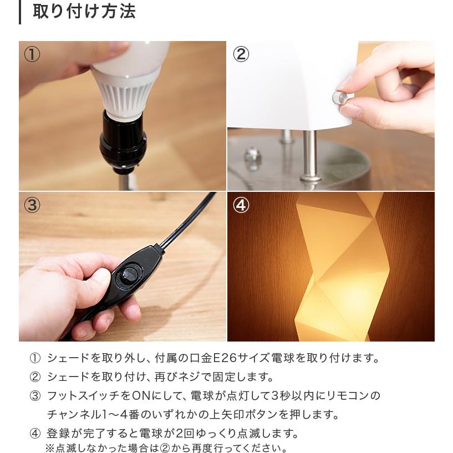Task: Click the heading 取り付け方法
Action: (84, 11)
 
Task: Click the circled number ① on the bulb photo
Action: (32, 54)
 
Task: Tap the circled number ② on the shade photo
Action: (241, 54)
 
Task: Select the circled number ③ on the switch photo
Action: (32, 205)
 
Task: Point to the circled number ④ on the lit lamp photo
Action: (241, 205)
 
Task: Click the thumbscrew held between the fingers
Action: (339, 98)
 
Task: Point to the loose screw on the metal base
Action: (252, 155)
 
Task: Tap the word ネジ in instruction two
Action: (208, 377)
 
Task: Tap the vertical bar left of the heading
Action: (20, 11)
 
